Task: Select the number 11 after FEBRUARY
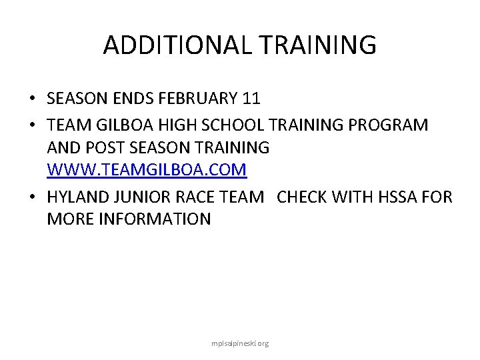pos(251,99)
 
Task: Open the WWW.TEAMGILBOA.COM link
pos(147,170)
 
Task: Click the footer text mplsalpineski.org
pos(239,344)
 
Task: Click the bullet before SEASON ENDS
pos(32,99)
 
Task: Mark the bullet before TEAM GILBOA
pos(32,125)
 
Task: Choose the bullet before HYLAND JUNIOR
pos(32,197)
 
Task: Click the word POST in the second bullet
pos(97,147)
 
